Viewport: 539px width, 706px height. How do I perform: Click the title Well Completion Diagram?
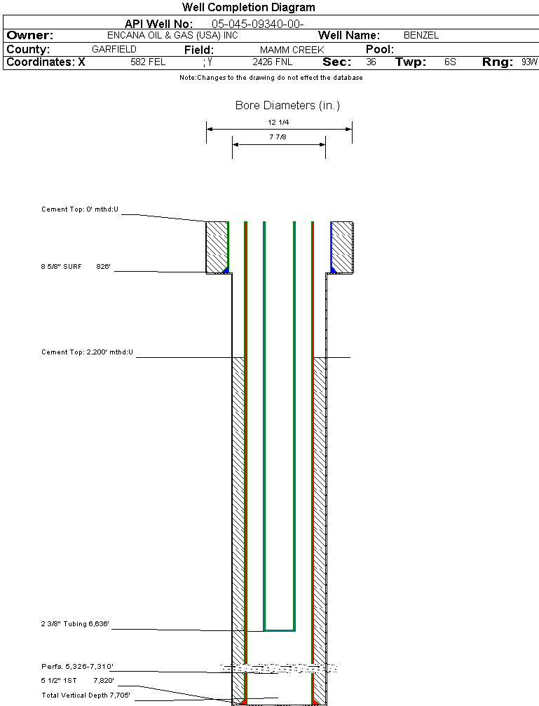coord(248,8)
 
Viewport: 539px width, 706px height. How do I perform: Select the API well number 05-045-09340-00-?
coord(257,24)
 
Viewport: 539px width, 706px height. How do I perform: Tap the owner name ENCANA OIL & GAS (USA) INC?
coord(172,36)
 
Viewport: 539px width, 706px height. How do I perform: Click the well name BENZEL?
coord(421,36)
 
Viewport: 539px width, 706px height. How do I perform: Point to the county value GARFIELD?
coord(114,50)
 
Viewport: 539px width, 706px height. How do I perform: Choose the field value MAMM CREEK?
coord(292,50)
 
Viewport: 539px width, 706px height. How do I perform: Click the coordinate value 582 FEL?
coord(148,62)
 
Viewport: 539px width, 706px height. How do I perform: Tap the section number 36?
coord(371,62)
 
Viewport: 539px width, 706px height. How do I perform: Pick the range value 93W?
coord(529,62)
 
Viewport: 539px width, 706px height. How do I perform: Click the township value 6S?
coord(450,62)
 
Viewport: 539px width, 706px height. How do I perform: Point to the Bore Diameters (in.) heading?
coord(287,106)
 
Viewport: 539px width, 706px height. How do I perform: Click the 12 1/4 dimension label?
coord(279,122)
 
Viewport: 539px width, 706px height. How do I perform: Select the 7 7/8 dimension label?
coord(279,137)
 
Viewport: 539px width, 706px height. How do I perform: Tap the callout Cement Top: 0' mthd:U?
coord(81,209)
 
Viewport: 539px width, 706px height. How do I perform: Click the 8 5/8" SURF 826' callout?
coord(76,267)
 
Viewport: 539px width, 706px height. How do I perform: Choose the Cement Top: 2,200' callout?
coord(88,352)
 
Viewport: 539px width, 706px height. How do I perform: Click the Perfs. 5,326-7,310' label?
coord(77,667)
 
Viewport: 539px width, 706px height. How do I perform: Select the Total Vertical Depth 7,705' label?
coord(86,695)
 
